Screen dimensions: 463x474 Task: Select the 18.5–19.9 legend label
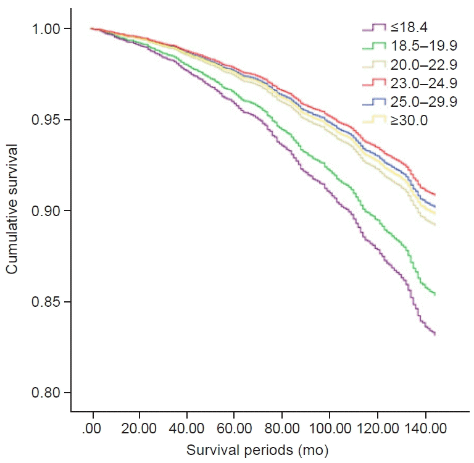click(x=423, y=46)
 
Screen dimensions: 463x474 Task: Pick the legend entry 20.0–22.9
click(x=423, y=65)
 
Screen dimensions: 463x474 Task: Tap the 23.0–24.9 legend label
click(x=423, y=83)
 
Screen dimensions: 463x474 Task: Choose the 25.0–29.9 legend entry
click(x=423, y=102)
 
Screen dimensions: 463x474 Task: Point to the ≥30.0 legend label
click(x=411, y=120)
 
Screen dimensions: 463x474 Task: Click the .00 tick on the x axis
click(x=93, y=426)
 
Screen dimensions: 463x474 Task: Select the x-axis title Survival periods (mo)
click(x=258, y=448)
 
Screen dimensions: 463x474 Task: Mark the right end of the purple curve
click(x=435, y=334)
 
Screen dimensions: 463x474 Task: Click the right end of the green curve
click(x=435, y=294)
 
